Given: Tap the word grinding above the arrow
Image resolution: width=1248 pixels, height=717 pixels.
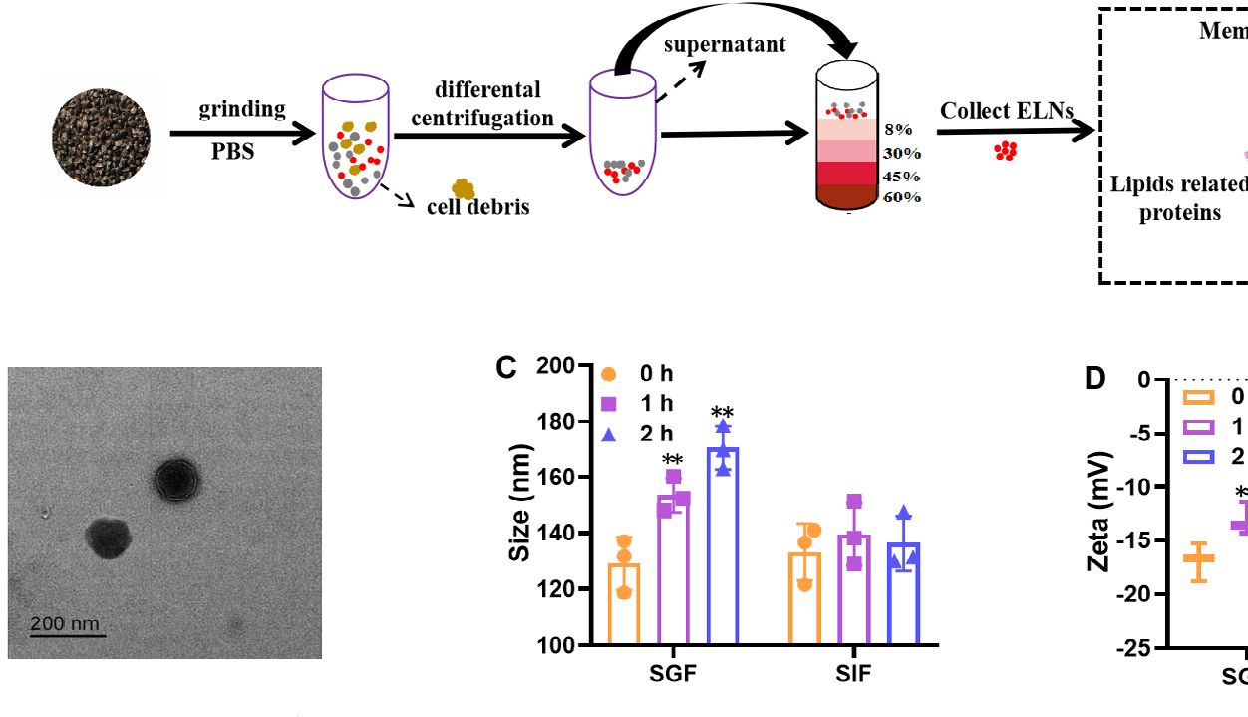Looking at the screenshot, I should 242,109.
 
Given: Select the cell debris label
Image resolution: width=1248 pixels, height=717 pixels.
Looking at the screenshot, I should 478,207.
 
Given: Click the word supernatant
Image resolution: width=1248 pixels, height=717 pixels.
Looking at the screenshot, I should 725,45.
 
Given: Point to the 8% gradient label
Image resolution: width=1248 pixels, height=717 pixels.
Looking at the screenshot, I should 898,131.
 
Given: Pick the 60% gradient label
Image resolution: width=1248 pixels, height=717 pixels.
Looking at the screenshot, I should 901,197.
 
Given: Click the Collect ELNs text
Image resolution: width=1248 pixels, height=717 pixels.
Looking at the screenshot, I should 1007,112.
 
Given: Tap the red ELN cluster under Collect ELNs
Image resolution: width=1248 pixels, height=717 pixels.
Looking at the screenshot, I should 1006,151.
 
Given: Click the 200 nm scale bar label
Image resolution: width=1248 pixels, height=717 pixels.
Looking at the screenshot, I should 65,624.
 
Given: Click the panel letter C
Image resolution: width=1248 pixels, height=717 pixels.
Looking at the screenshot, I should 506,369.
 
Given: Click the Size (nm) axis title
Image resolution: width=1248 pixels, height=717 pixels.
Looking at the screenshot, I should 519,505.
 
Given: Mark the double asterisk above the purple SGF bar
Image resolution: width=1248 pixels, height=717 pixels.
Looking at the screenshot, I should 672,460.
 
